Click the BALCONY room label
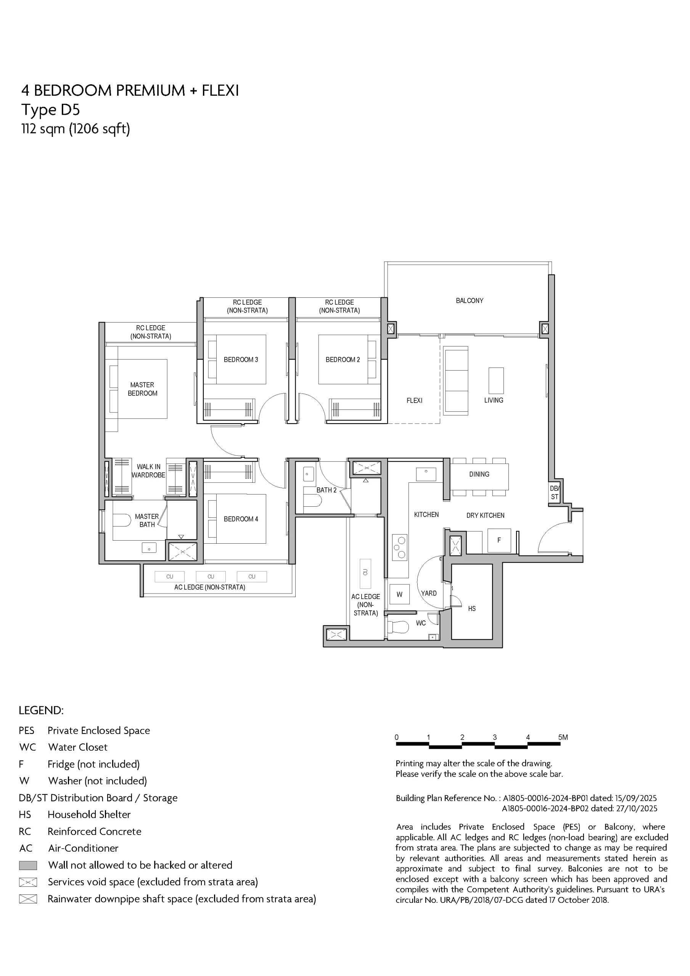pos(469,300)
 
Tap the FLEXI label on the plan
pos(414,400)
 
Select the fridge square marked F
pos(499,540)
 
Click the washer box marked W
pos(399,594)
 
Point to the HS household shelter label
pos(472,609)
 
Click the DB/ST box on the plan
pos(555,493)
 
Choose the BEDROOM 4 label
pos(241,519)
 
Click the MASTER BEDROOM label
pos(143,389)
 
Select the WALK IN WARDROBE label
pos(148,471)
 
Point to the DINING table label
pos(479,474)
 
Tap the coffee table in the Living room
pos(496,380)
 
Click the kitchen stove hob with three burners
pos(399,547)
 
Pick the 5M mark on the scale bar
pos(563,737)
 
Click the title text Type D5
pos(51,110)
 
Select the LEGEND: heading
pos(41,710)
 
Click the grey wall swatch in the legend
pos(28,865)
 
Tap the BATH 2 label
pos(326,490)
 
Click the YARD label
pos(429,594)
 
